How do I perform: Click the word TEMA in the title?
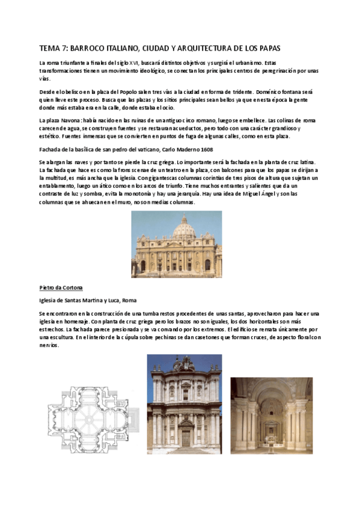pos(49,48)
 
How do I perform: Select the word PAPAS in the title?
pos(266,48)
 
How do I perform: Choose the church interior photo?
pos(271,416)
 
